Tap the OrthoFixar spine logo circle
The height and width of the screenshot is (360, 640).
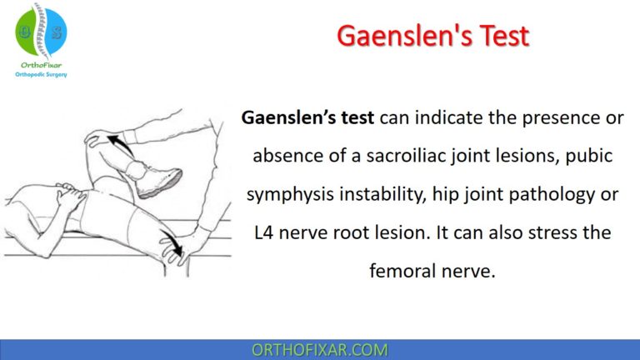click(42, 31)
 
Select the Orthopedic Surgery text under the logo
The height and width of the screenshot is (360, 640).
click(42, 74)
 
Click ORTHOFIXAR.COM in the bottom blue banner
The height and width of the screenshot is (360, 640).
click(320, 348)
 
